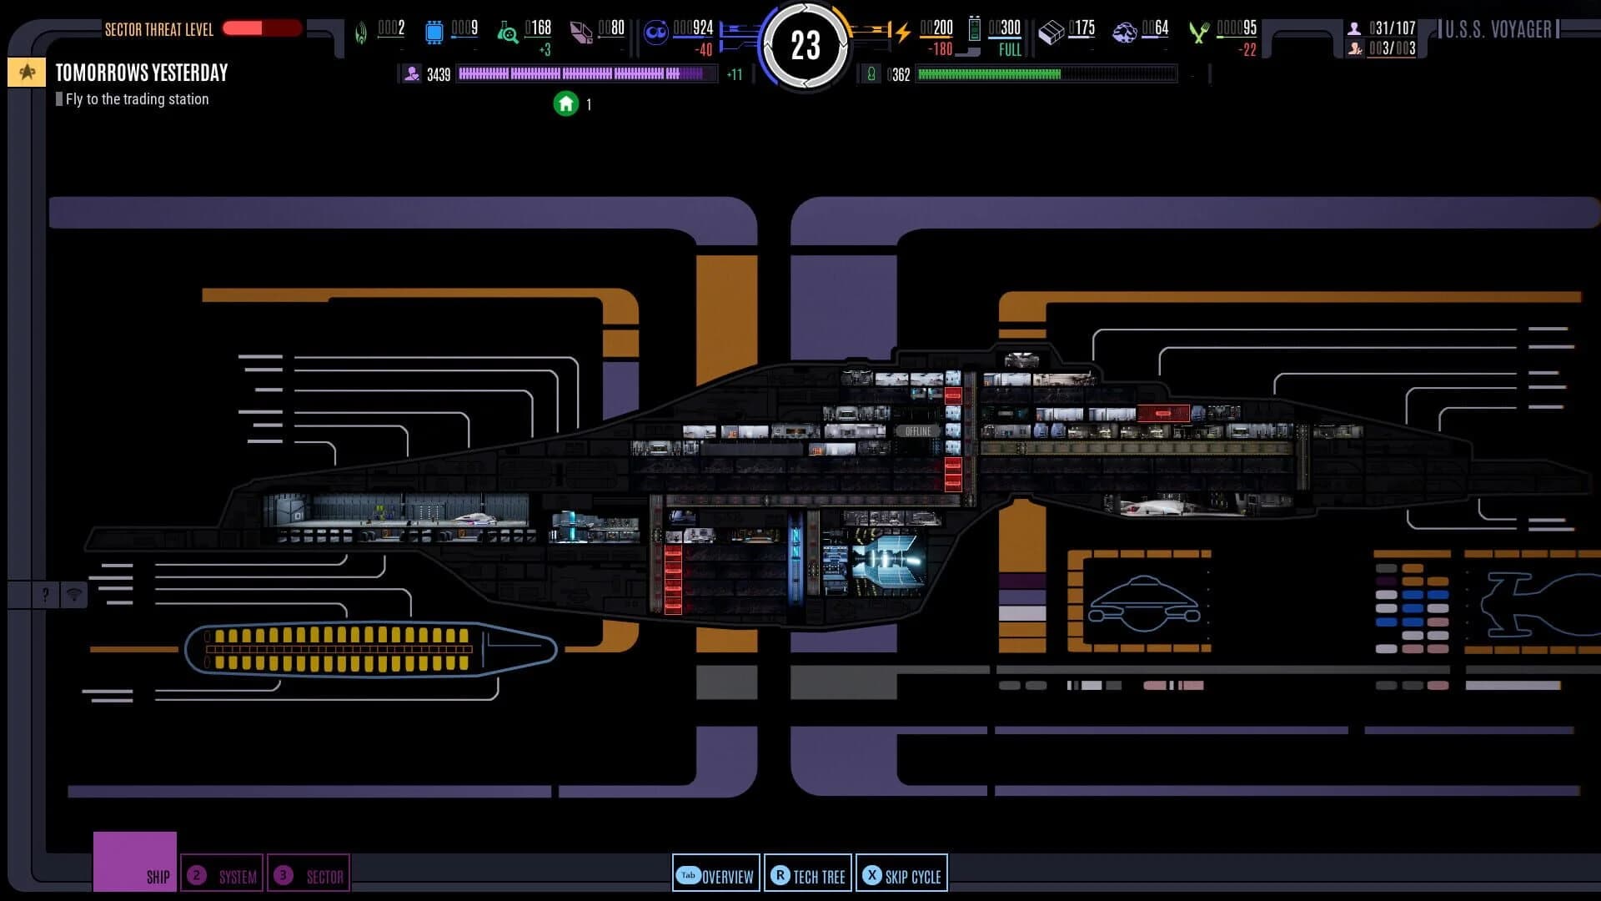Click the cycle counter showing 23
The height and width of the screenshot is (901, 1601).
pos(805,46)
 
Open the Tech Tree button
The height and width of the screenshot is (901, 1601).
pos(808,875)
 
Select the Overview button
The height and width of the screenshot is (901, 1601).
pos(716,875)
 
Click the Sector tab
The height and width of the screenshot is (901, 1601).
pos(309,875)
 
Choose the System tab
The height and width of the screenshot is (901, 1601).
pos(223,875)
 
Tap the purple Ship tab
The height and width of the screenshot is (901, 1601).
pos(135,862)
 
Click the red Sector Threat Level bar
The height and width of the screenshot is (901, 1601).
pos(262,28)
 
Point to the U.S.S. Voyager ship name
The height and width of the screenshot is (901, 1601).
pos(1498,30)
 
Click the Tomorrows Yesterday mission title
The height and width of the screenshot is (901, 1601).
pos(142,73)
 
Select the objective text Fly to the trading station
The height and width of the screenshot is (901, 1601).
pos(137,99)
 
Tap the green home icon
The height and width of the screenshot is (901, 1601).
pos(566,104)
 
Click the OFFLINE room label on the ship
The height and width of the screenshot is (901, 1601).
pos(917,431)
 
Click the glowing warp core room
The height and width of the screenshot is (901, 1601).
pos(889,560)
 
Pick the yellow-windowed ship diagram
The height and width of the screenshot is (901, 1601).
pos(369,649)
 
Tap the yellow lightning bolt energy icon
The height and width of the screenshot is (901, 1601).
pos(902,33)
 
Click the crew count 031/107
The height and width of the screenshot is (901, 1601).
pos(1392,28)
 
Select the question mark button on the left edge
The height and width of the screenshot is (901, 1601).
pos(46,595)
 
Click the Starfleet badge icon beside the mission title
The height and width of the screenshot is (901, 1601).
pos(27,73)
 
